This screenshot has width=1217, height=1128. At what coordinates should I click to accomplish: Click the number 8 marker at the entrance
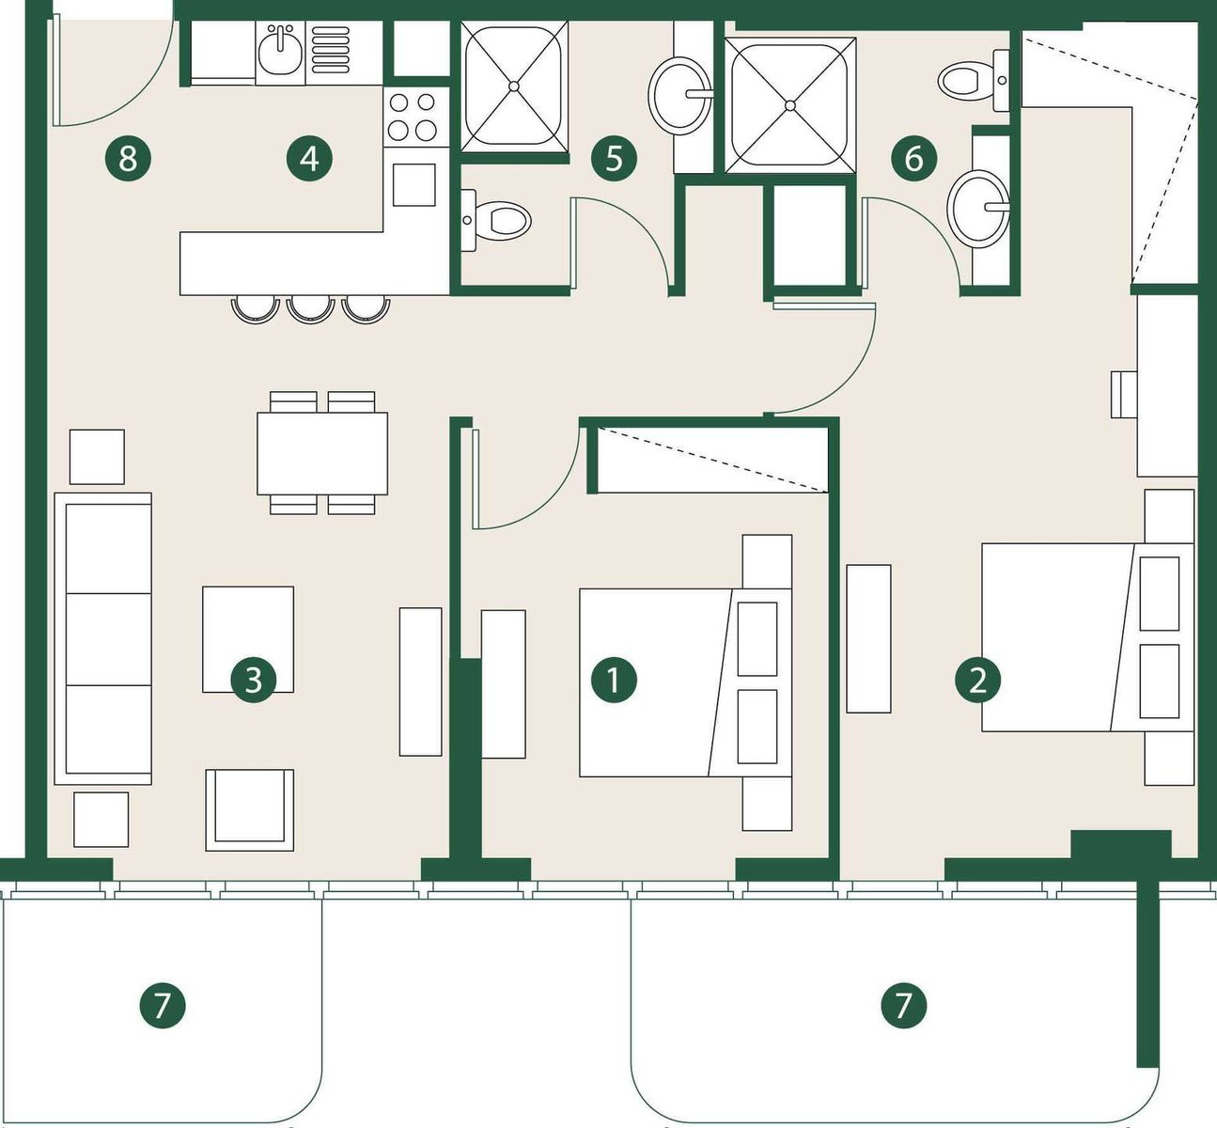pyautogui.click(x=128, y=159)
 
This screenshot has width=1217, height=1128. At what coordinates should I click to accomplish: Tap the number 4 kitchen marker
pyautogui.click(x=309, y=159)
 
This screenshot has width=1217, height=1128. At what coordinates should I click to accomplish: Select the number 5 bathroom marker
pyautogui.click(x=614, y=159)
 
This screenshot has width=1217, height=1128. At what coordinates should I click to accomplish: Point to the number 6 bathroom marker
pyautogui.click(x=913, y=159)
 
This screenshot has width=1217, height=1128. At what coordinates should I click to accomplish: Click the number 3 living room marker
pyautogui.click(x=253, y=680)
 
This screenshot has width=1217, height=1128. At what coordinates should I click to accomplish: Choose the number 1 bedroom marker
pyautogui.click(x=614, y=680)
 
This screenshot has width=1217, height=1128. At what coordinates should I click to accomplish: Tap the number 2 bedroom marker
pyautogui.click(x=978, y=680)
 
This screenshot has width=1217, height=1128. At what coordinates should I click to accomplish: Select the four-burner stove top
pyautogui.click(x=413, y=117)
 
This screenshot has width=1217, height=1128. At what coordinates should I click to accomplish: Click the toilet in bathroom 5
pyautogui.click(x=495, y=219)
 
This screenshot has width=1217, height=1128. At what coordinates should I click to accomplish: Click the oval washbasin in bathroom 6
pyautogui.click(x=977, y=209)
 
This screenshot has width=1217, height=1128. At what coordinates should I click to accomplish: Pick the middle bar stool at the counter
pyautogui.click(x=309, y=309)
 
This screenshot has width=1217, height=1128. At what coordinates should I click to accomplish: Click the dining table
pyautogui.click(x=322, y=453)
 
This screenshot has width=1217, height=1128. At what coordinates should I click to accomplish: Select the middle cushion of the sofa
pyautogui.click(x=108, y=639)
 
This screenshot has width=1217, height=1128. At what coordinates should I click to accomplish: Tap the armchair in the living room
pyautogui.click(x=249, y=809)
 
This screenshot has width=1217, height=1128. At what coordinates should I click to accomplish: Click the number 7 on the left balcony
pyautogui.click(x=163, y=1006)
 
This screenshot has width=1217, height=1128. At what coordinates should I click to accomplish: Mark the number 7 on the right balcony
pyautogui.click(x=903, y=1006)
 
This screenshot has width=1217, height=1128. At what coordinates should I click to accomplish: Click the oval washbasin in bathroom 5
pyautogui.click(x=679, y=96)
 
